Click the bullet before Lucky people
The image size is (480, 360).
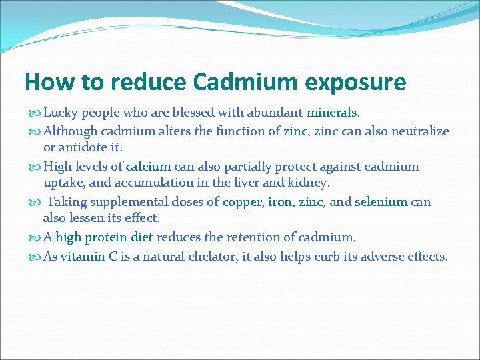tap(36, 113)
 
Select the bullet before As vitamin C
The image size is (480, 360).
tap(36, 257)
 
